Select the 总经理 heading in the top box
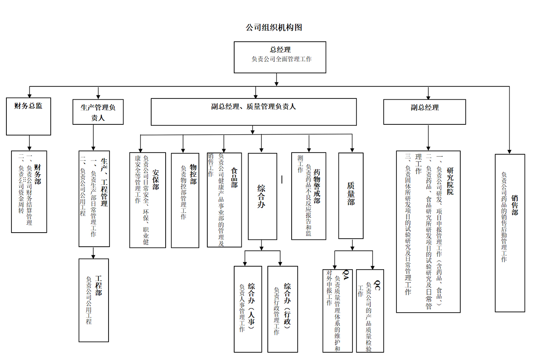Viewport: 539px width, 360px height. (280, 50)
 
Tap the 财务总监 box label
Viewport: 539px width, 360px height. (29, 106)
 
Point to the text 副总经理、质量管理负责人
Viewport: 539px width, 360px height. (254, 107)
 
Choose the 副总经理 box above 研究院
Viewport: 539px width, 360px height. (424, 108)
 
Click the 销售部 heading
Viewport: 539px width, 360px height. (515, 205)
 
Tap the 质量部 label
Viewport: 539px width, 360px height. (351, 193)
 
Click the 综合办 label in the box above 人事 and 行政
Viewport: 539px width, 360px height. (261, 196)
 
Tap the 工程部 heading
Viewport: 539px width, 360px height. (98, 286)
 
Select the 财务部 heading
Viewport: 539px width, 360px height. (38, 175)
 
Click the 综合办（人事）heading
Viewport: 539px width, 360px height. (252, 305)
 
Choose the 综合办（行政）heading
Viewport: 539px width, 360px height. (287, 305)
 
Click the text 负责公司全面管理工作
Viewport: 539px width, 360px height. (281, 59)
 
